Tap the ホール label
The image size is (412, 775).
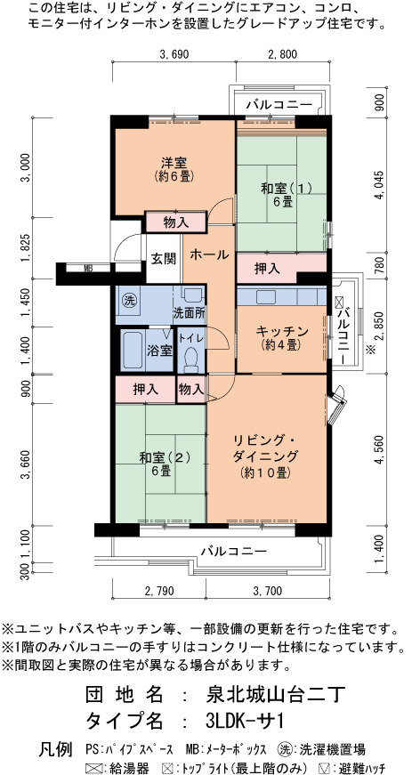click(209, 255)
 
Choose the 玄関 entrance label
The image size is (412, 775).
click(164, 259)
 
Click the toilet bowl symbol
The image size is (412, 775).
click(190, 359)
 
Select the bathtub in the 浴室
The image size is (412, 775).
click(133, 350)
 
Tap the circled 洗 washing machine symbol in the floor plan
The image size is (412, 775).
click(129, 300)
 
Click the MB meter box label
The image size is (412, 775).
click(88, 269)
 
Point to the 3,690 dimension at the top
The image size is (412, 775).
click(174, 54)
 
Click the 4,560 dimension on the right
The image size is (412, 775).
click(379, 449)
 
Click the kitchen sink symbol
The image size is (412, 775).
click(266, 296)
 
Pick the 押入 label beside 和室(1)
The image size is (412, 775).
click(267, 269)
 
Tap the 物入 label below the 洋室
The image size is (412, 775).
click(176, 222)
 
